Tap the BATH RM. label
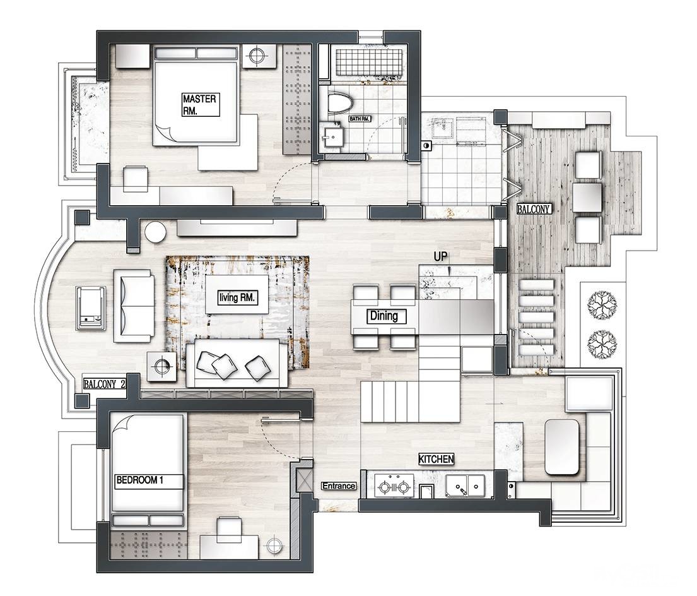click(360, 119)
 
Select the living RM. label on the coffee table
click(237, 297)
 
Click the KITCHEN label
click(436, 459)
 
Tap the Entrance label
click(339, 486)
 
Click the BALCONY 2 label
click(105, 384)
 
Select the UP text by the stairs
click(440, 256)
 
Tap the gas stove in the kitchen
click(394, 486)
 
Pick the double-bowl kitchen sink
click(465, 486)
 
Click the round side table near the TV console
click(155, 232)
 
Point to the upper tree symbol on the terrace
click(602, 304)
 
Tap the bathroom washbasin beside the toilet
click(332, 136)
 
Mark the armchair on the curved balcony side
click(91, 309)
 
